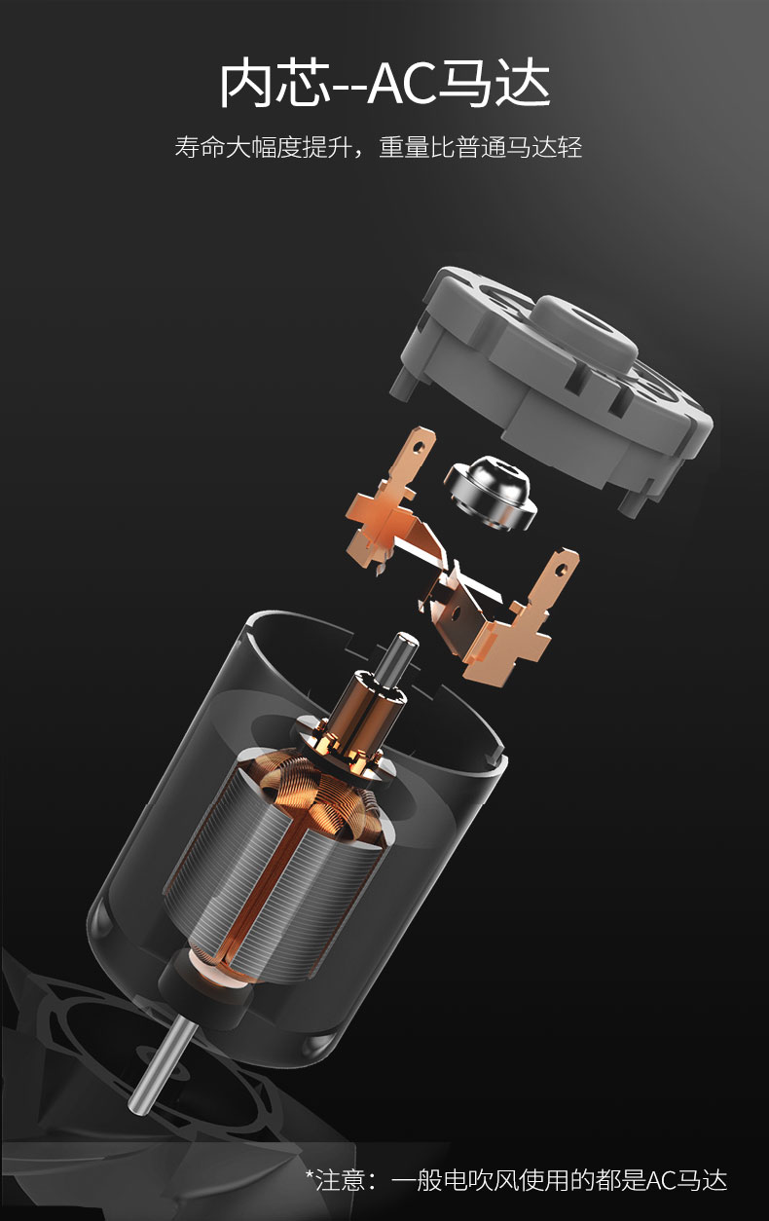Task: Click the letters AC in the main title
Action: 403,85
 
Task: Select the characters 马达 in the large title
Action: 494,85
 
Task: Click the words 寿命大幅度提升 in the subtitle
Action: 262,147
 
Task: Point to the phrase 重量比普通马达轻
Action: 481,147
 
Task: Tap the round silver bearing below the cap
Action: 491,494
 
